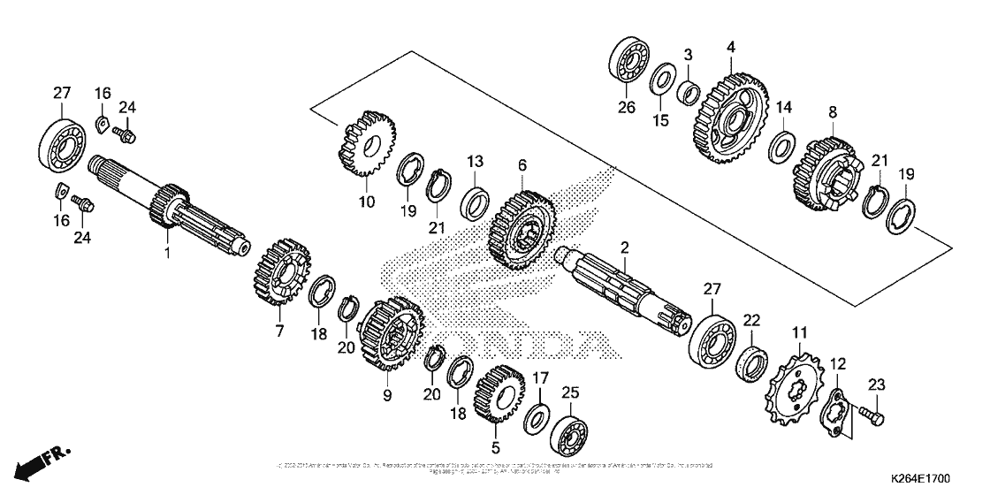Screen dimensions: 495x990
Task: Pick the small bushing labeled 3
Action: [689, 91]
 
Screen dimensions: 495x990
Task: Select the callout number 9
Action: [386, 397]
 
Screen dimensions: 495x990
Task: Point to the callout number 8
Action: [832, 112]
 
